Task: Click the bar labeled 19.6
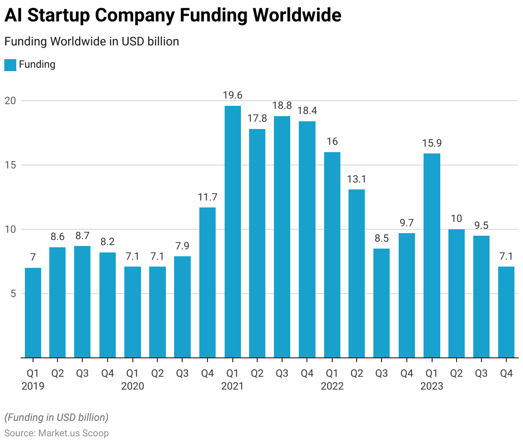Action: pyautogui.click(x=232, y=231)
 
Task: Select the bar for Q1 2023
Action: pyautogui.click(x=432, y=255)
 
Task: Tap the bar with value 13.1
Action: pyautogui.click(x=357, y=273)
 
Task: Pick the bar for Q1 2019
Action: pyautogui.click(x=33, y=312)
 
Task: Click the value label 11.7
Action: pyautogui.click(x=207, y=197)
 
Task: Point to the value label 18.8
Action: pyautogui.click(x=283, y=105)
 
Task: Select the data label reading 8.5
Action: pyautogui.click(x=382, y=238)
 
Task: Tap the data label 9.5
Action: pyautogui.click(x=481, y=225)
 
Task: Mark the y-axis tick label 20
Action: pyautogui.click(x=10, y=101)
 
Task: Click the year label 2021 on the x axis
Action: pyautogui.click(x=232, y=386)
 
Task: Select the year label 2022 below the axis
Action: pyautogui.click(x=332, y=386)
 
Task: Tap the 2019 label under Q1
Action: pyautogui.click(x=33, y=386)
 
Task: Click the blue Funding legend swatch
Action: pyautogui.click(x=10, y=65)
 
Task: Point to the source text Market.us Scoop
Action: pyautogui.click(x=73, y=433)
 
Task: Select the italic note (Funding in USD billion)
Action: pyautogui.click(x=57, y=417)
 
